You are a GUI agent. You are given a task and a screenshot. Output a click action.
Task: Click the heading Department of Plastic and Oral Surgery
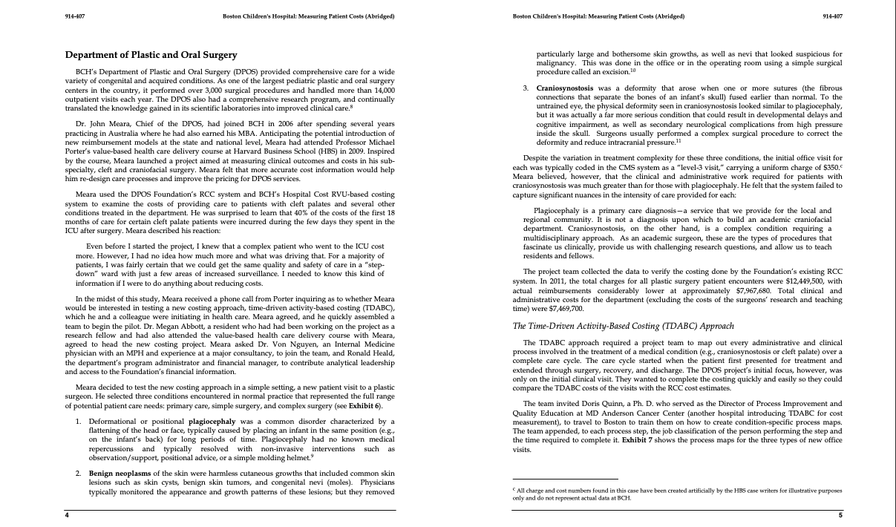click(x=151, y=55)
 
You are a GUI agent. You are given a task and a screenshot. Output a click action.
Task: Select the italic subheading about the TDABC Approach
click(x=614, y=326)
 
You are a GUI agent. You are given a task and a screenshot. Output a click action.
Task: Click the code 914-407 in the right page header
click(x=833, y=16)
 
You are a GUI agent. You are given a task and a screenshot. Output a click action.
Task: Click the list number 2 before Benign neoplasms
click(x=80, y=472)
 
